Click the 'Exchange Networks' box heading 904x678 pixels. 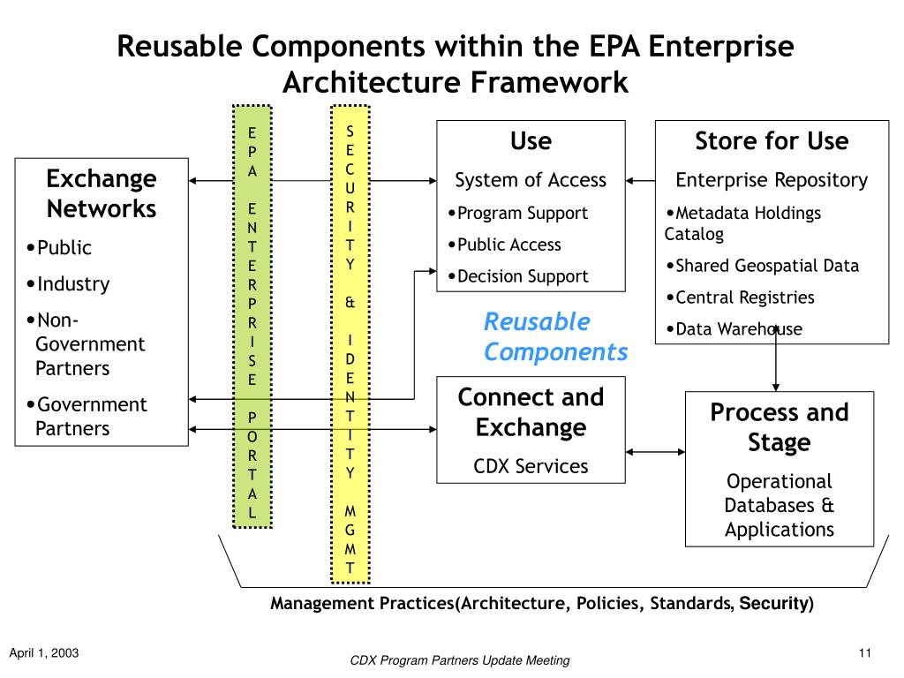point(102,193)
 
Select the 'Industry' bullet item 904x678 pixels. point(68,283)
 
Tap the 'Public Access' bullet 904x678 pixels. point(504,245)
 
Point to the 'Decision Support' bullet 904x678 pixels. point(518,276)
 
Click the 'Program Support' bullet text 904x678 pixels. point(517,213)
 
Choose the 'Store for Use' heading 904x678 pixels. point(772,140)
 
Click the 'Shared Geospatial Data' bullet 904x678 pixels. point(762,265)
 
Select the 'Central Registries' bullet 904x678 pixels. point(741,297)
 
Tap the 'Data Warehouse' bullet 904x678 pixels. point(734,328)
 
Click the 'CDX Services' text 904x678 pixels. point(531,466)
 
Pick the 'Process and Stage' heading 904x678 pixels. point(779,427)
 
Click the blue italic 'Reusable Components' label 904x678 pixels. point(555,336)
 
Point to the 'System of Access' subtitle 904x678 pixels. point(531,180)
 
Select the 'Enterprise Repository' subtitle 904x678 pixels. point(772,180)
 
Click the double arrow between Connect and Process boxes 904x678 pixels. point(656,452)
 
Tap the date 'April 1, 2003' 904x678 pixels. point(44,652)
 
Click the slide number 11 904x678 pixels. point(865,652)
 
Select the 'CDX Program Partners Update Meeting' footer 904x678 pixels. point(459,660)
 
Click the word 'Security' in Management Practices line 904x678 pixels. point(774,603)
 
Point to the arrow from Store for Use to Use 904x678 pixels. point(641,181)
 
